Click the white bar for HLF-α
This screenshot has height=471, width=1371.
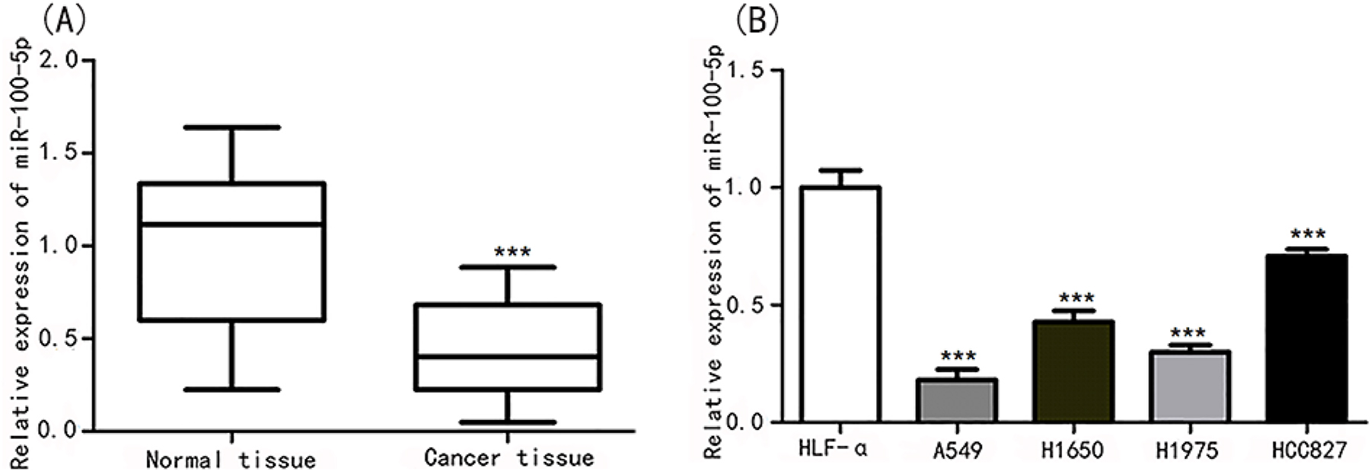click(x=840, y=304)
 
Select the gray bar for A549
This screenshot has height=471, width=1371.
click(x=956, y=400)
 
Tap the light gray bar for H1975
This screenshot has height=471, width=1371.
click(x=1190, y=387)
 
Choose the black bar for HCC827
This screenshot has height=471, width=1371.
click(x=1306, y=339)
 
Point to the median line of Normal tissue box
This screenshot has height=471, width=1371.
click(x=232, y=224)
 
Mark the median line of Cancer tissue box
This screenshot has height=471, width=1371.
click(x=508, y=356)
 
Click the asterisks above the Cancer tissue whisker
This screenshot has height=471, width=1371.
click(x=512, y=252)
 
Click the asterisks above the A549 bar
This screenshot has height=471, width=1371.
click(x=958, y=356)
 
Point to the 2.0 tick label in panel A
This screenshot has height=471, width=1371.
click(x=60, y=60)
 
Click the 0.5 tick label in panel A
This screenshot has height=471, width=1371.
click(x=60, y=338)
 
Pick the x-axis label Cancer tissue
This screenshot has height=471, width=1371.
click(x=509, y=458)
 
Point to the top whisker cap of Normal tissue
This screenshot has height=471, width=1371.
click(x=232, y=127)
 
